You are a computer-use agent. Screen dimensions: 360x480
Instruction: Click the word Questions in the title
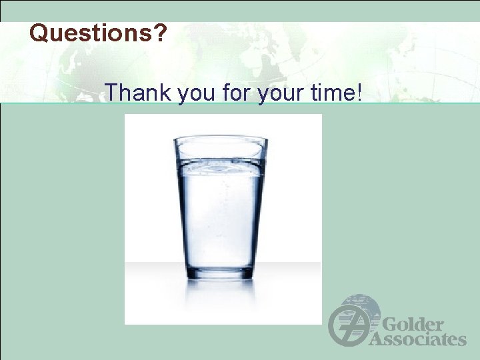tap(92, 33)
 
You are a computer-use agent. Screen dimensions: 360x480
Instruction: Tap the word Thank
tap(138, 92)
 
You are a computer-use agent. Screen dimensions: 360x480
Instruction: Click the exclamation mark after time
tap(360, 92)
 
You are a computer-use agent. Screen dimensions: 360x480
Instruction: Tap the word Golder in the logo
tap(413, 325)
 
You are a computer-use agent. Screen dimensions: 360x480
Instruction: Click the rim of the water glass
tap(220, 139)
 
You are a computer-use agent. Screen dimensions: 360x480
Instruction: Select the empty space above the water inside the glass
tap(220, 151)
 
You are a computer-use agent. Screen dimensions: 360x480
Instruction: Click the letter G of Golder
tap(391, 325)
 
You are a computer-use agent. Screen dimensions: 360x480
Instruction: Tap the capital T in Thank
tap(112, 92)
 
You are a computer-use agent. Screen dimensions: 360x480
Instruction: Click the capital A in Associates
tap(377, 339)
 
